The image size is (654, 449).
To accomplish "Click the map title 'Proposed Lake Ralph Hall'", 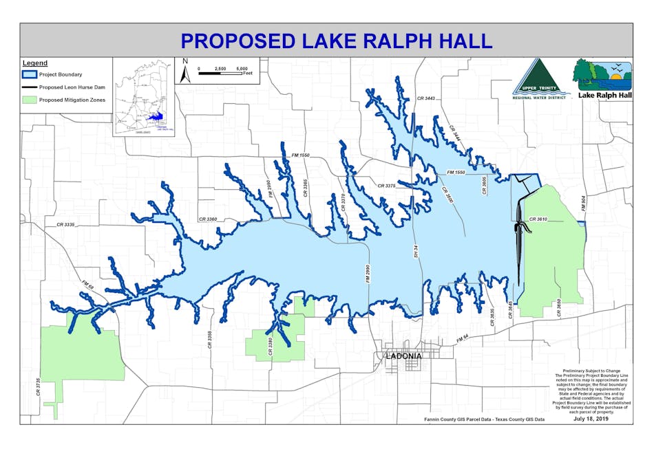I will pyautogui.click(x=336, y=40).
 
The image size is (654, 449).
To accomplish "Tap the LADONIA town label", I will pyautogui.click(x=404, y=356).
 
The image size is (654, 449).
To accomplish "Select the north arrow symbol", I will pyautogui.click(x=184, y=71).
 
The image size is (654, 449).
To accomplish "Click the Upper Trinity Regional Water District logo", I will pyautogui.click(x=541, y=78).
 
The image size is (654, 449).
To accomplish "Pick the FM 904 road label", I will pyautogui.click(x=582, y=204).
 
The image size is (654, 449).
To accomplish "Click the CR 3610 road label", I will pyautogui.click(x=538, y=219).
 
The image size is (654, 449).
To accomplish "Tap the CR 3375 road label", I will pyautogui.click(x=386, y=186).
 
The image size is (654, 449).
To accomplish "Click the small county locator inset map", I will pyautogui.click(x=143, y=97).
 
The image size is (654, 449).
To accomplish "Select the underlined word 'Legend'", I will pyautogui.click(x=35, y=63).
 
